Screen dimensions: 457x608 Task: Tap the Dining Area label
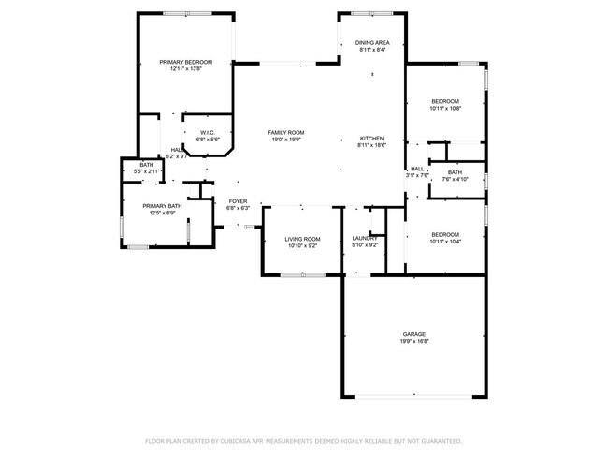point(373,43)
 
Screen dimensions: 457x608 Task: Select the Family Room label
point(286,133)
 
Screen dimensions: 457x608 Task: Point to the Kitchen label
point(372,138)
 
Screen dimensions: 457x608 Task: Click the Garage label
point(414,334)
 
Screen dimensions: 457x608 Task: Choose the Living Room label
point(302,239)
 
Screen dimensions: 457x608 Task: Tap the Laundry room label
point(365,239)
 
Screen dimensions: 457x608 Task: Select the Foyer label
point(239,201)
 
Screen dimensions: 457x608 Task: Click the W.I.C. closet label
point(208,133)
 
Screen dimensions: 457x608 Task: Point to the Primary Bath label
point(162,206)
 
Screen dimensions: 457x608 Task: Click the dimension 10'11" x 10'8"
point(445,109)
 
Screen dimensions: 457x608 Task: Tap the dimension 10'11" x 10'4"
point(445,242)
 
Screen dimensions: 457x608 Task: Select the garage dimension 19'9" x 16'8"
point(414,342)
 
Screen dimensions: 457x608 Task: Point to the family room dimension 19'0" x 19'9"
point(286,140)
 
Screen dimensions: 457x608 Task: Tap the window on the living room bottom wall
point(303,274)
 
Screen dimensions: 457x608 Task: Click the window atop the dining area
point(372,13)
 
